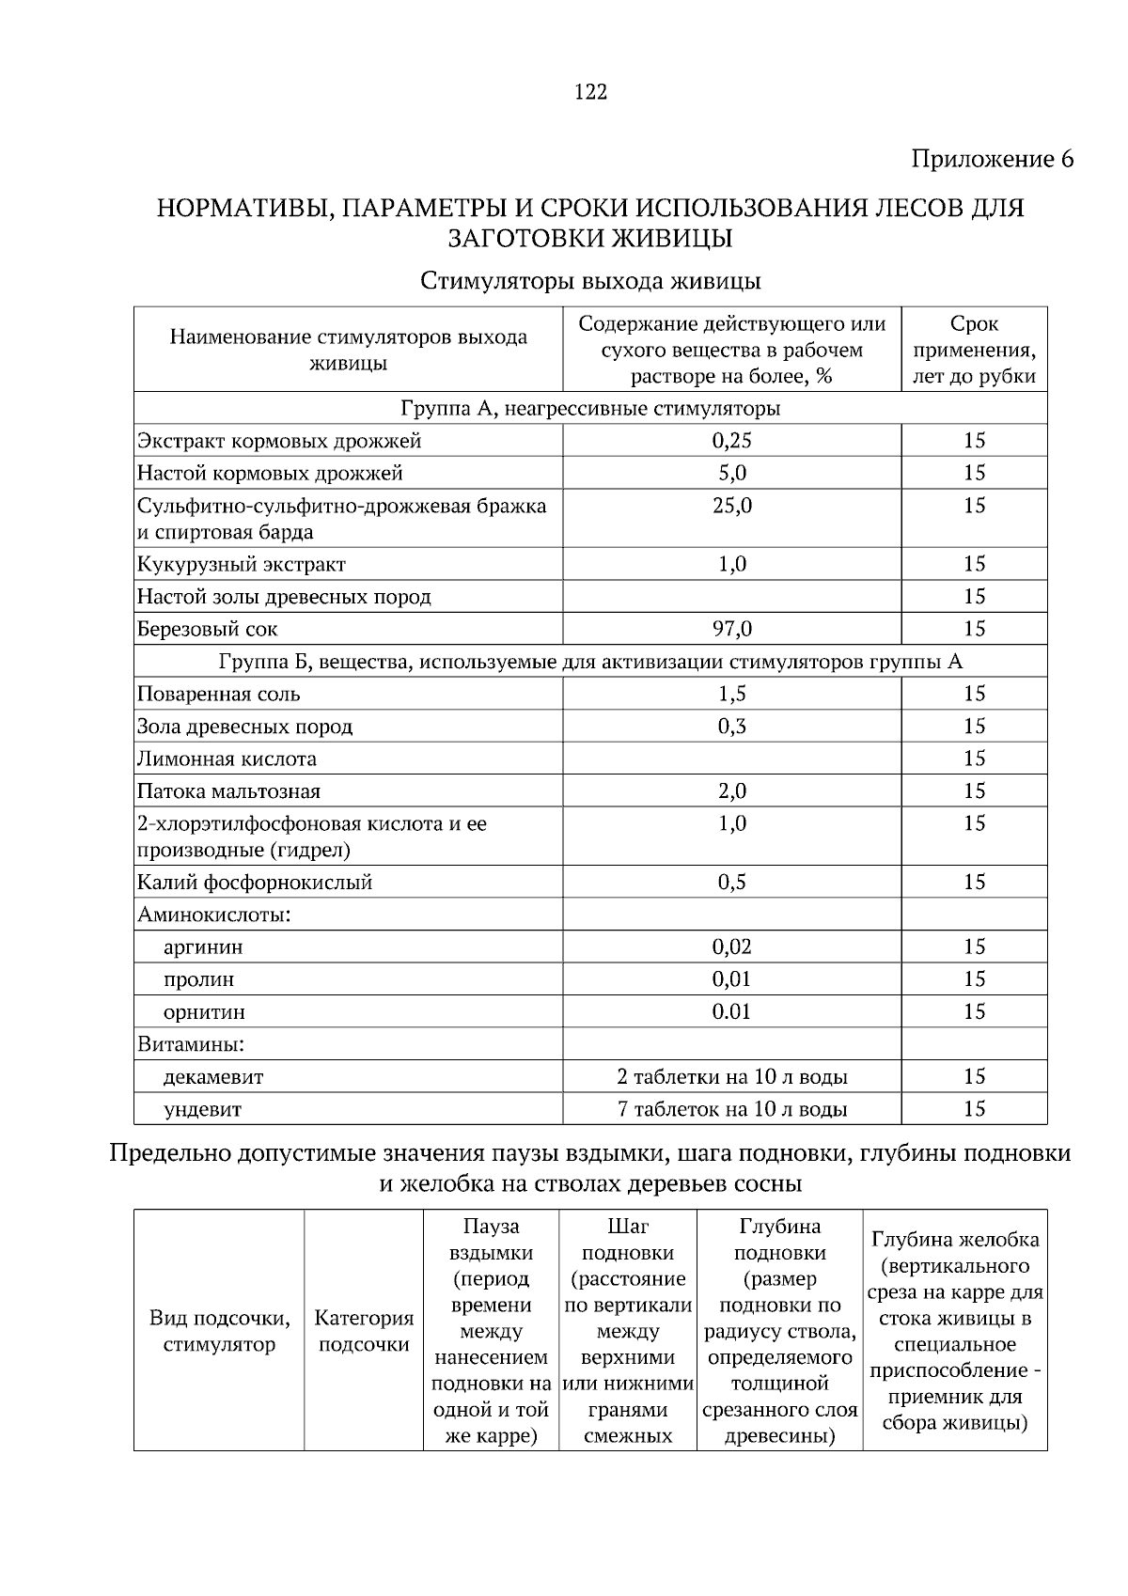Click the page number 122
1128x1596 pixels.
click(590, 92)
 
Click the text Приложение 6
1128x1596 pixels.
click(992, 159)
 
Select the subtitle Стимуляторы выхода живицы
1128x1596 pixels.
click(590, 281)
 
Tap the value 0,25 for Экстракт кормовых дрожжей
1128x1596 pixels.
click(731, 441)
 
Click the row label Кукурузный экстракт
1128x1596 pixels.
click(242, 565)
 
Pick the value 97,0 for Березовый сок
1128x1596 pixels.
click(731, 629)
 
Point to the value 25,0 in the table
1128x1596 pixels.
click(731, 506)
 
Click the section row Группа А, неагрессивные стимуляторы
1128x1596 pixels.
click(590, 409)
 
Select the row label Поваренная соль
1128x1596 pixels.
click(219, 695)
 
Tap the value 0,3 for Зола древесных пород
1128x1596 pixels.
click(731, 727)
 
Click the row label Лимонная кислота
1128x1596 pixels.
click(227, 759)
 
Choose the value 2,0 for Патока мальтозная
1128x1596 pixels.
click(731, 791)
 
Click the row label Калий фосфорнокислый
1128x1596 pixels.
click(255, 883)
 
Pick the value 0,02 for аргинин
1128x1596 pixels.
click(731, 947)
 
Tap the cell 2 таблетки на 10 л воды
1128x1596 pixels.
click(731, 1077)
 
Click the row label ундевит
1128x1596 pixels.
click(202, 1110)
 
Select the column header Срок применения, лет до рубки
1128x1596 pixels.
click(974, 351)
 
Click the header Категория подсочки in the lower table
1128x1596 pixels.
click(364, 1331)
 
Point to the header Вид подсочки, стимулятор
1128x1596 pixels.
click(219, 1331)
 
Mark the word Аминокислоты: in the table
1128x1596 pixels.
click(213, 915)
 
